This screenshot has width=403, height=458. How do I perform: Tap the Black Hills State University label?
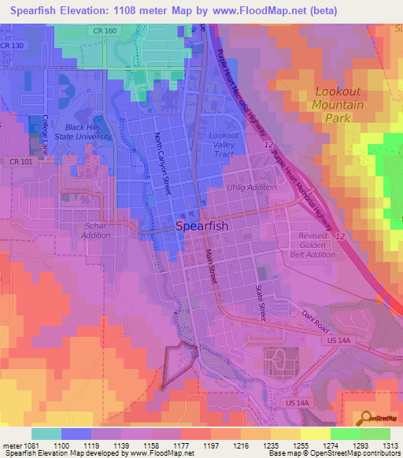point(88,131)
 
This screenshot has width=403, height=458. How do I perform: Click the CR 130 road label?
point(12,46)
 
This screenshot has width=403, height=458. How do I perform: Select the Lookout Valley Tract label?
point(225,144)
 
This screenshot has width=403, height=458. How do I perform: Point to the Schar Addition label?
point(96,230)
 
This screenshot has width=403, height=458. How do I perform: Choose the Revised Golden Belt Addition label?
point(312,245)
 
